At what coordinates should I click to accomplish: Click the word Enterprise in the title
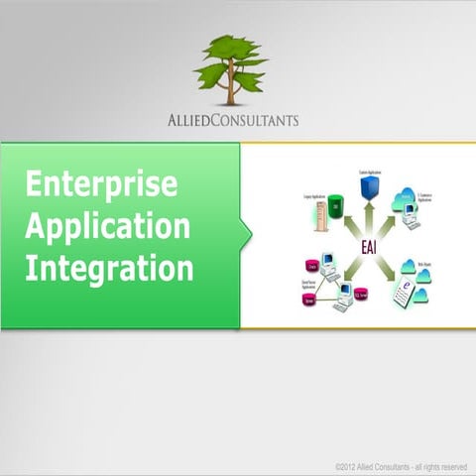tap(101, 184)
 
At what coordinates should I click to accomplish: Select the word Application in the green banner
tap(107, 226)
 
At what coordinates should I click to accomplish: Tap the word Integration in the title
tap(109, 268)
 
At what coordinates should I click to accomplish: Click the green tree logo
tap(231, 67)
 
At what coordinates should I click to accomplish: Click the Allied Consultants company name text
tap(233, 121)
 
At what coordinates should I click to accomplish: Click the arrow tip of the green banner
tap(248, 235)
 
